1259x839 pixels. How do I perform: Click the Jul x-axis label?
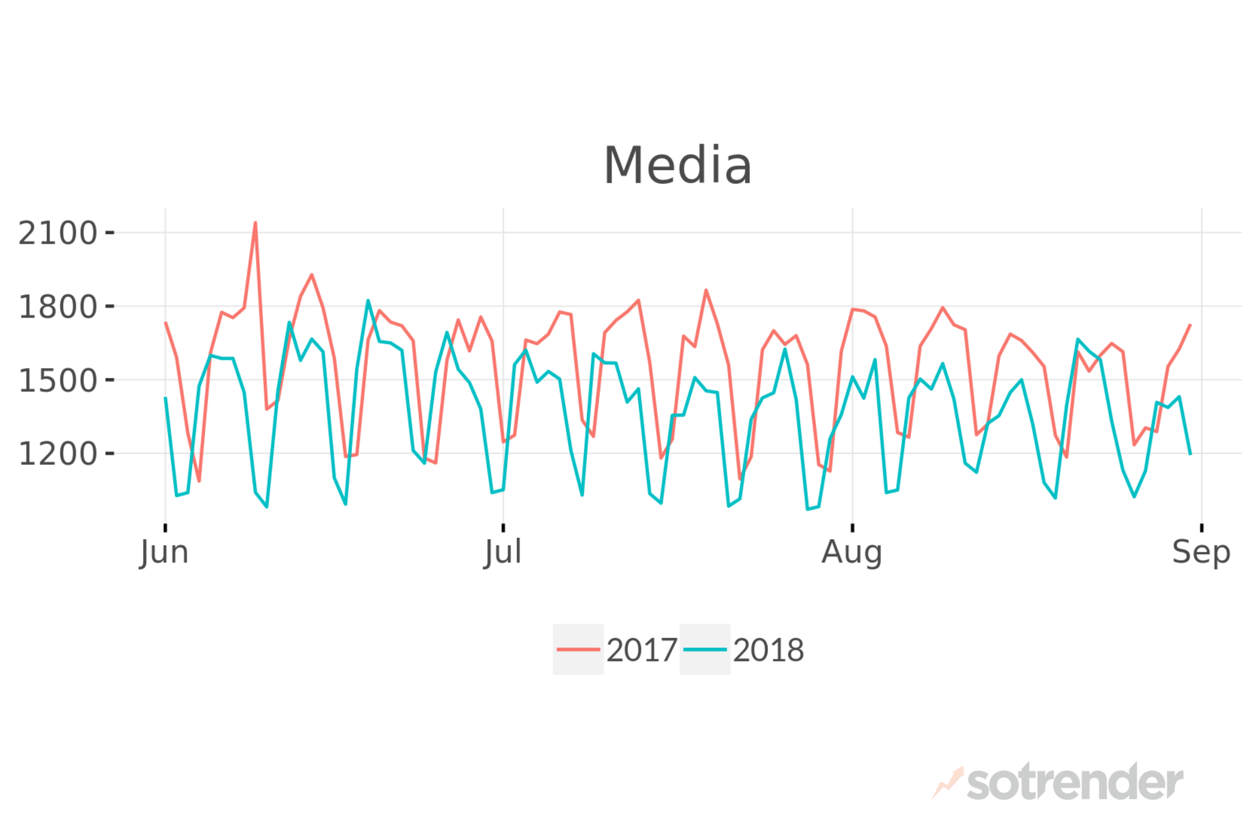pyautogui.click(x=503, y=553)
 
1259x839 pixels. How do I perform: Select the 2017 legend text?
pyautogui.click(x=642, y=650)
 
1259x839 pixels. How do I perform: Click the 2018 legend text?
pyautogui.click(x=768, y=650)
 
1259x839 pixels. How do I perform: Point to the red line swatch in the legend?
pyautogui.click(x=578, y=649)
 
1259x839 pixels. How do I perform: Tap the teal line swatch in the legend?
pyautogui.click(x=705, y=649)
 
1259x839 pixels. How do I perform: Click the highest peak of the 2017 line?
pyautogui.click(x=255, y=223)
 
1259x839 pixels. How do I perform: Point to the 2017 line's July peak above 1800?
pyautogui.click(x=706, y=291)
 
